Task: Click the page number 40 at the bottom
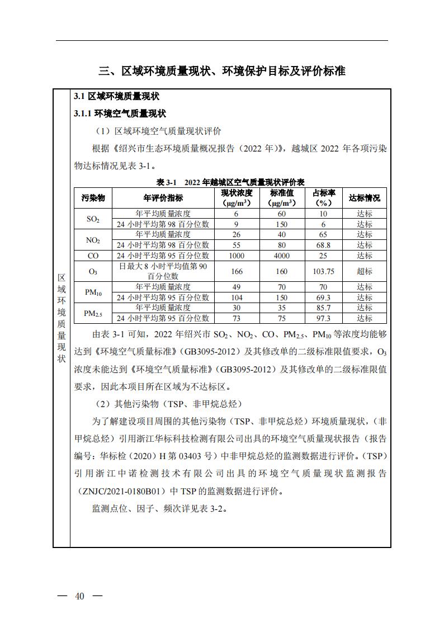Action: click(x=80, y=596)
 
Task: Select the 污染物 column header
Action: click(x=93, y=198)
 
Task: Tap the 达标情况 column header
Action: click(x=364, y=198)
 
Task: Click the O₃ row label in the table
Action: click(x=93, y=271)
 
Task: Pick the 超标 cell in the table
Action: click(x=364, y=271)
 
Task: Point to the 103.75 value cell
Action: click(x=323, y=271)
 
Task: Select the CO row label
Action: click(x=93, y=256)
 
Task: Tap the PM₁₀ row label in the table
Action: click(x=93, y=292)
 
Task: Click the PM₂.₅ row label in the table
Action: click(x=93, y=313)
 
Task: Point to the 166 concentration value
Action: click(x=236, y=271)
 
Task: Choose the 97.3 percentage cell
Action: click(x=323, y=318)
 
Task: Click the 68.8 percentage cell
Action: click(x=323, y=245)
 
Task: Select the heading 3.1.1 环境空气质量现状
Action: click(x=120, y=114)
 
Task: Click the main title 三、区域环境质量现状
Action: click(x=222, y=71)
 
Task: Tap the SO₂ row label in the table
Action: click(x=93, y=219)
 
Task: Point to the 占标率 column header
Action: click(x=323, y=198)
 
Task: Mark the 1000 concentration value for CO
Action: click(x=236, y=256)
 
